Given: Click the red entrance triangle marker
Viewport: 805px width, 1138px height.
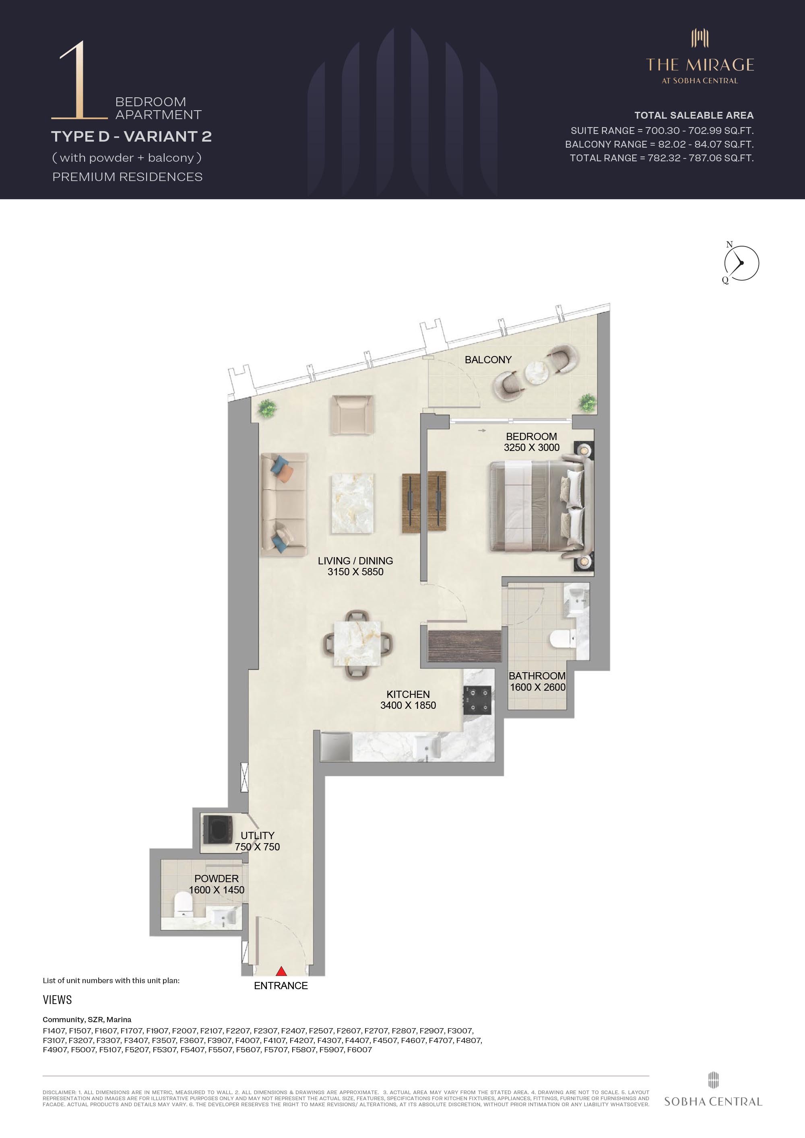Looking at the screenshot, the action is [x=281, y=971].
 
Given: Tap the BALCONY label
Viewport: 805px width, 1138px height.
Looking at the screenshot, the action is [x=488, y=360].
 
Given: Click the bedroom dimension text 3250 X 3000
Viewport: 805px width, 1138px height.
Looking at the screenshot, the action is [x=532, y=448].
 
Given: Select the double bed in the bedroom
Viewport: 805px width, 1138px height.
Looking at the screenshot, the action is [x=541, y=507].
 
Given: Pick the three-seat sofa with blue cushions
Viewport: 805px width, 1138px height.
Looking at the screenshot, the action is [x=284, y=504].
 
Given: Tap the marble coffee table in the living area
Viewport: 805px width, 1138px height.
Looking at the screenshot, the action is [x=353, y=504].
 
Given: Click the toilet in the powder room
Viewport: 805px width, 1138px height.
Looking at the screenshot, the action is [x=184, y=905].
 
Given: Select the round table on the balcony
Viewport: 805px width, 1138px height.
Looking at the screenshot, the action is [x=537, y=373].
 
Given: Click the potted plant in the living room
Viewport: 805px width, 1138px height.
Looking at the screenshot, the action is [x=267, y=408].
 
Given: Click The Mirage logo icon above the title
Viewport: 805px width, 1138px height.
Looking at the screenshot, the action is [x=700, y=38].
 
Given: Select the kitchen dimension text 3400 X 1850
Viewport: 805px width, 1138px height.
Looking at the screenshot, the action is [x=408, y=705].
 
